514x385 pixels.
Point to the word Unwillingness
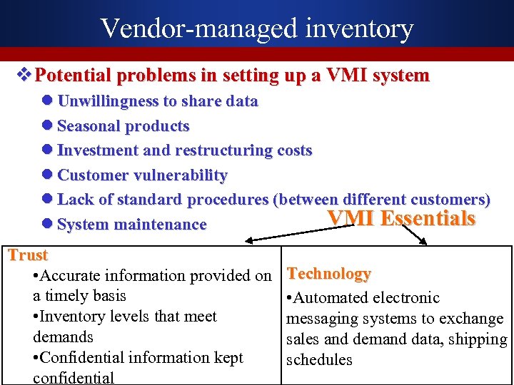pos(109,101)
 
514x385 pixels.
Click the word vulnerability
pos(183,175)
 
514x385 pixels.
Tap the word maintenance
pos(164,225)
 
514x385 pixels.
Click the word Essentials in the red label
pos(428,218)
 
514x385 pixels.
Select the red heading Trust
pos(28,255)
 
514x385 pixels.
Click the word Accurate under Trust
pos(79,275)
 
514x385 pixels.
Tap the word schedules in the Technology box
pos(319,360)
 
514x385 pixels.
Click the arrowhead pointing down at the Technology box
pos(423,242)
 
